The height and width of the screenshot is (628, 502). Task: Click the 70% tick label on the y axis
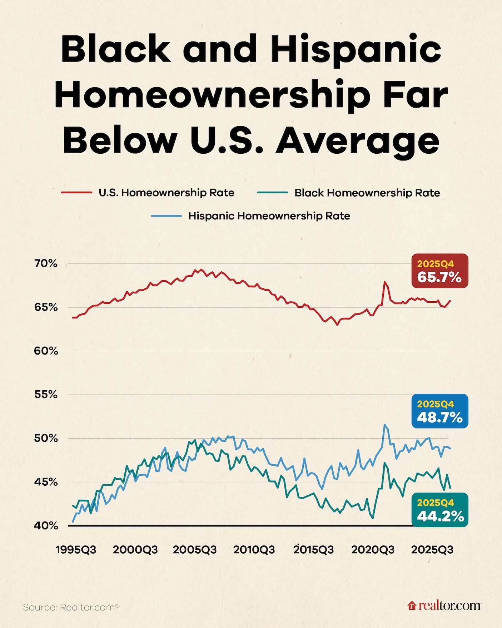tap(46, 264)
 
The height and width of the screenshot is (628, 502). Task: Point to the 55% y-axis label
tap(46, 395)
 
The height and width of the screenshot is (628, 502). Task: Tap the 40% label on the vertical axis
tap(46, 526)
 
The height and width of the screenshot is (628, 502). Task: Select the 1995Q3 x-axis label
tap(76, 550)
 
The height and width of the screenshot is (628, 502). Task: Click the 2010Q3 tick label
tap(254, 550)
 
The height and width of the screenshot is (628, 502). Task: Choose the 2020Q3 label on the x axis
tap(373, 550)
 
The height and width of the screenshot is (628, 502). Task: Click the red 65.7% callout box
tap(439, 271)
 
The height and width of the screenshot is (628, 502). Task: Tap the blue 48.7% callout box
tap(439, 411)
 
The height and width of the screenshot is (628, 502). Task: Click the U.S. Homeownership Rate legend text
tap(166, 193)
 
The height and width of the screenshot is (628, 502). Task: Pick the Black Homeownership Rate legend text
tap(367, 193)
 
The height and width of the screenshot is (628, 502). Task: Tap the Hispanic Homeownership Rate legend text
tap(269, 216)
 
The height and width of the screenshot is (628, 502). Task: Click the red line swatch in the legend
tap(76, 193)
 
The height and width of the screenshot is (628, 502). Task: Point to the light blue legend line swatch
tap(166, 216)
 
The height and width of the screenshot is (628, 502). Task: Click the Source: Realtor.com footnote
tap(71, 607)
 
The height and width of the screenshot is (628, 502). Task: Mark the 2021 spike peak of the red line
tap(385, 282)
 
